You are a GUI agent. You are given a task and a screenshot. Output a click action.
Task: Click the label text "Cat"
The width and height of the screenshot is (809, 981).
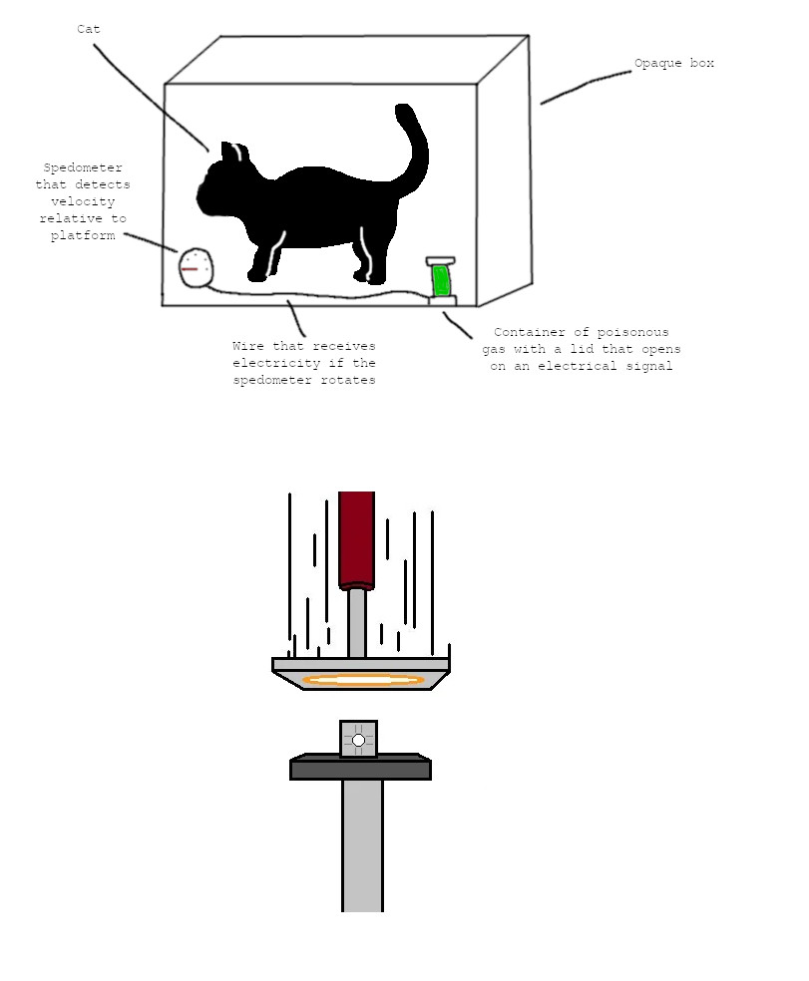coord(89,29)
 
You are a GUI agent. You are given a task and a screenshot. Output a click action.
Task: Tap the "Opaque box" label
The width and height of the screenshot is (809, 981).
coord(673,63)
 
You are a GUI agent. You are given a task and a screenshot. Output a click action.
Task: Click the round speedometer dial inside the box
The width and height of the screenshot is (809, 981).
coord(196,268)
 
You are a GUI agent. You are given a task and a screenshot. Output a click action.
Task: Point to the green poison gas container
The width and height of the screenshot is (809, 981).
coord(442,281)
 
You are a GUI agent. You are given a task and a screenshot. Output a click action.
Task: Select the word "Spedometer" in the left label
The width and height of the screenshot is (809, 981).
coord(83,167)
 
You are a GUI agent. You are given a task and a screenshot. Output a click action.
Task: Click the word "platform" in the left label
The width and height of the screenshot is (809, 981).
coord(83,235)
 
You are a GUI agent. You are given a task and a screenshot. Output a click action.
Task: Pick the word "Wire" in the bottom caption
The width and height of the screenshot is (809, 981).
coord(248,346)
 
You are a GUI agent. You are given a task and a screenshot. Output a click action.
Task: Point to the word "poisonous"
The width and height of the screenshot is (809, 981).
coord(632,332)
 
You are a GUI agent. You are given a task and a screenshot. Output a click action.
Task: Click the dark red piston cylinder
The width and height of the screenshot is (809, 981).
coord(356,540)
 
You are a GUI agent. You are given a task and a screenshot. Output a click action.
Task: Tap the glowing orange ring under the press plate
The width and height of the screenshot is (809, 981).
coord(363,680)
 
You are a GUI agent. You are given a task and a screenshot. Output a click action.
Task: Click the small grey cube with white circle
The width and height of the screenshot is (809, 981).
coord(358,739)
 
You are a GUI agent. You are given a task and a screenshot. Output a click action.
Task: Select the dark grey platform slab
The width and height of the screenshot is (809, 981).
coord(361,767)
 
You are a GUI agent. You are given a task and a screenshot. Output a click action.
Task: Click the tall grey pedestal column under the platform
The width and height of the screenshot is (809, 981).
coord(362,845)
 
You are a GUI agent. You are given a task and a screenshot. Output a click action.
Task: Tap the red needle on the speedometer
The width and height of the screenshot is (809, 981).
coord(190,269)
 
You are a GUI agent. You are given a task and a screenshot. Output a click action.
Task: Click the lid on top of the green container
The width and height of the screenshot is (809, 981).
coord(441,261)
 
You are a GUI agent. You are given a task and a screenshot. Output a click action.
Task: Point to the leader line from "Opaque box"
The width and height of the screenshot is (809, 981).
coord(587,87)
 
